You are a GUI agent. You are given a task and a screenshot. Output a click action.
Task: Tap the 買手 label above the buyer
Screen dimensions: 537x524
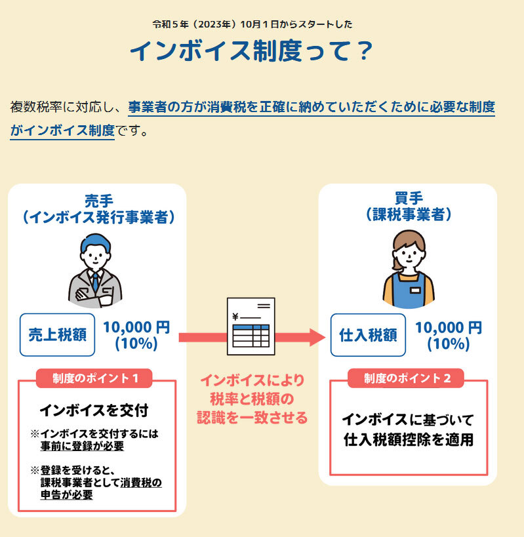409,197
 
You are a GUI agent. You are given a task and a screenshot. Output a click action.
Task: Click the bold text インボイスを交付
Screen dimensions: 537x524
94,411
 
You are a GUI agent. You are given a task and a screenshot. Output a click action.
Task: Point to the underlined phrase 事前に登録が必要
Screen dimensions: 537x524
82,447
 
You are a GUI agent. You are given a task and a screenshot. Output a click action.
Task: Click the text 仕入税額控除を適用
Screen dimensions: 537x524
408,439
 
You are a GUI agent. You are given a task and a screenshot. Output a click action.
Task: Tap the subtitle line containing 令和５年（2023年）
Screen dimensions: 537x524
252,24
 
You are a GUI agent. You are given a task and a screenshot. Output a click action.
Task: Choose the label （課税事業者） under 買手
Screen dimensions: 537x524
409,214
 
